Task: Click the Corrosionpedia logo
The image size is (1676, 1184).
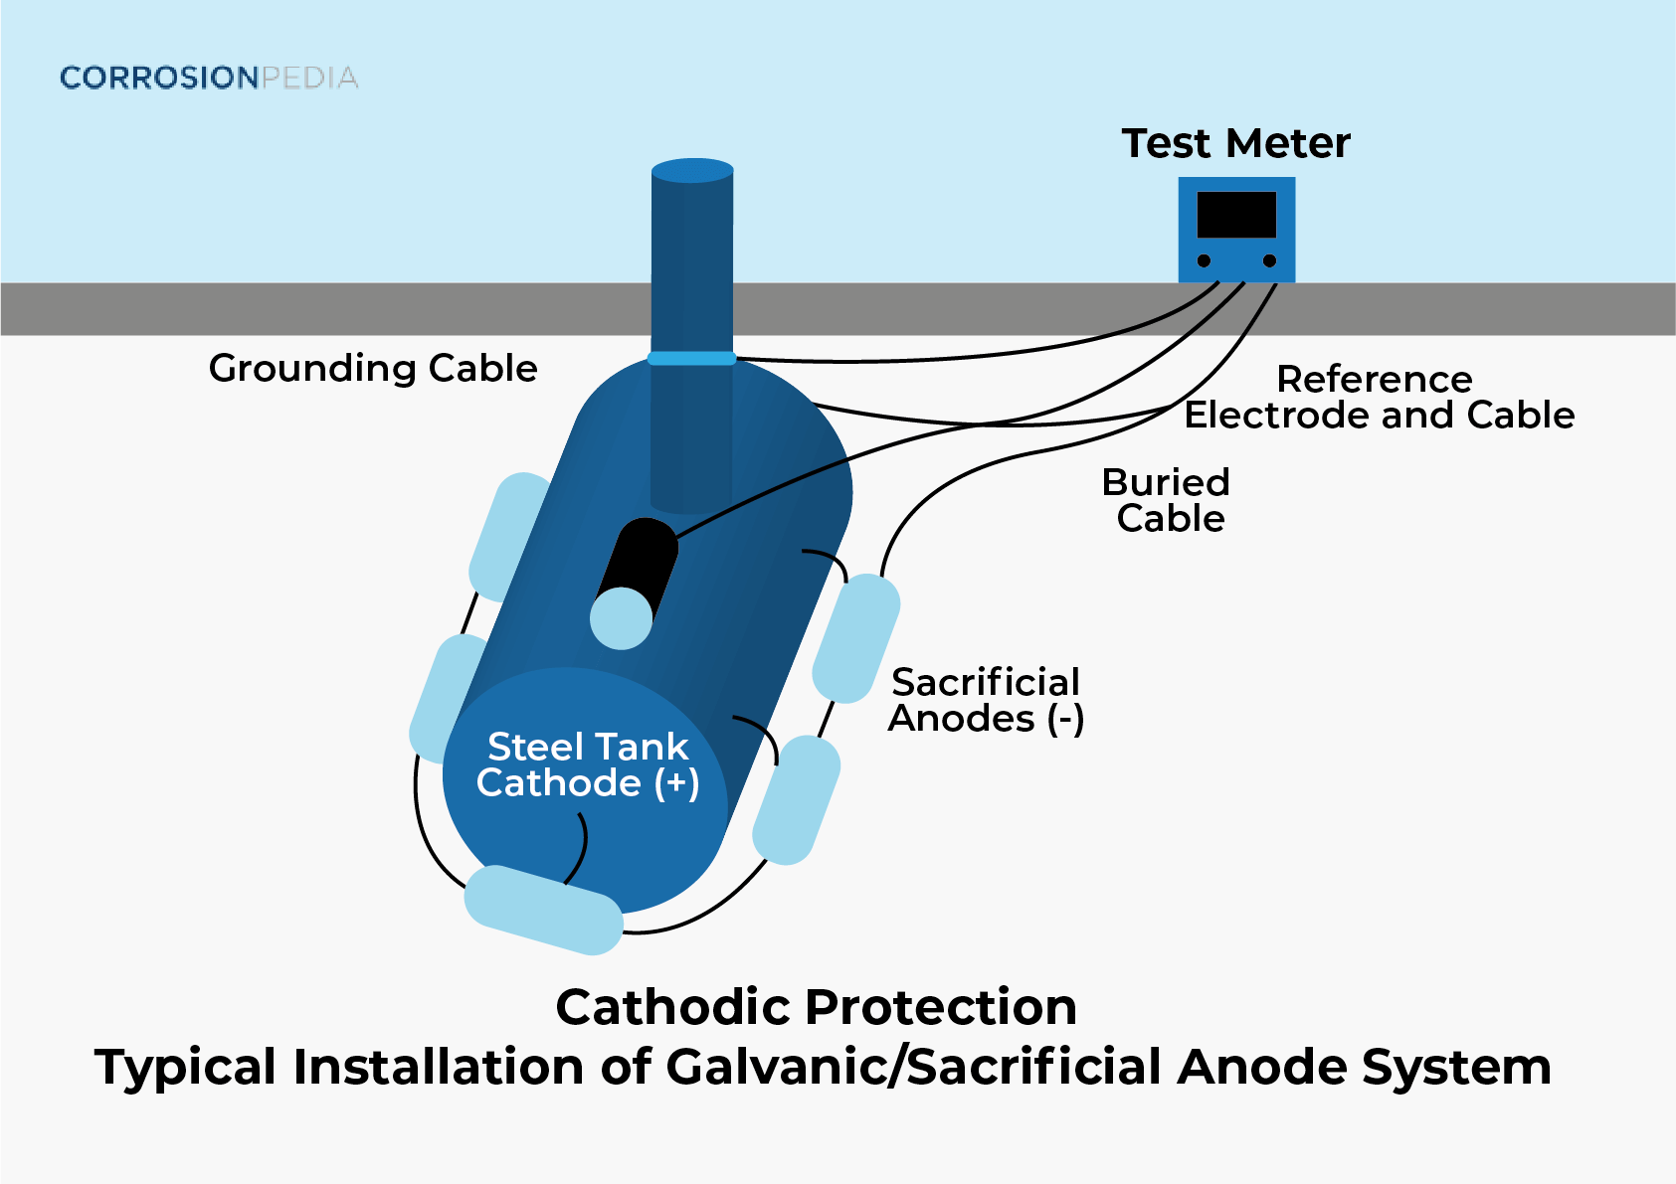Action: pos(209,78)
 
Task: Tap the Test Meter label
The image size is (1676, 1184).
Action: pos(1235,143)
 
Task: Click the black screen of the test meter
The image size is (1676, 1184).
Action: pos(1236,215)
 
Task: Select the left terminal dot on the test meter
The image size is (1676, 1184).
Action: pos(1204,260)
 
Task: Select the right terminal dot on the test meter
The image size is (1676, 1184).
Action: pos(1269,260)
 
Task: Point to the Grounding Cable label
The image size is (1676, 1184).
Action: pos(373,368)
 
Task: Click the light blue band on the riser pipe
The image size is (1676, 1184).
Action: pos(692,358)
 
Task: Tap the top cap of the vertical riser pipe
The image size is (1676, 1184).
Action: pos(692,170)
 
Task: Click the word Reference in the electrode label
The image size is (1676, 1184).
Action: pos(1374,379)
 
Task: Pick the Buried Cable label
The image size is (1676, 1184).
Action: pos(1168,500)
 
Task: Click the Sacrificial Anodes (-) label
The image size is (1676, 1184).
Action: pos(985,700)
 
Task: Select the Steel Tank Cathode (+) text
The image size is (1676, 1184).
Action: pos(588,764)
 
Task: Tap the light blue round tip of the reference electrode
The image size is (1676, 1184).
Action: pos(621,617)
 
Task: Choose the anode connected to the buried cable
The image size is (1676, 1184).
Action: pos(856,638)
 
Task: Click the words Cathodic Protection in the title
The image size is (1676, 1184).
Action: pos(816,1007)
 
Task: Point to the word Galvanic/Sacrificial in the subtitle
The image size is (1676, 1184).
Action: pos(915,1067)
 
